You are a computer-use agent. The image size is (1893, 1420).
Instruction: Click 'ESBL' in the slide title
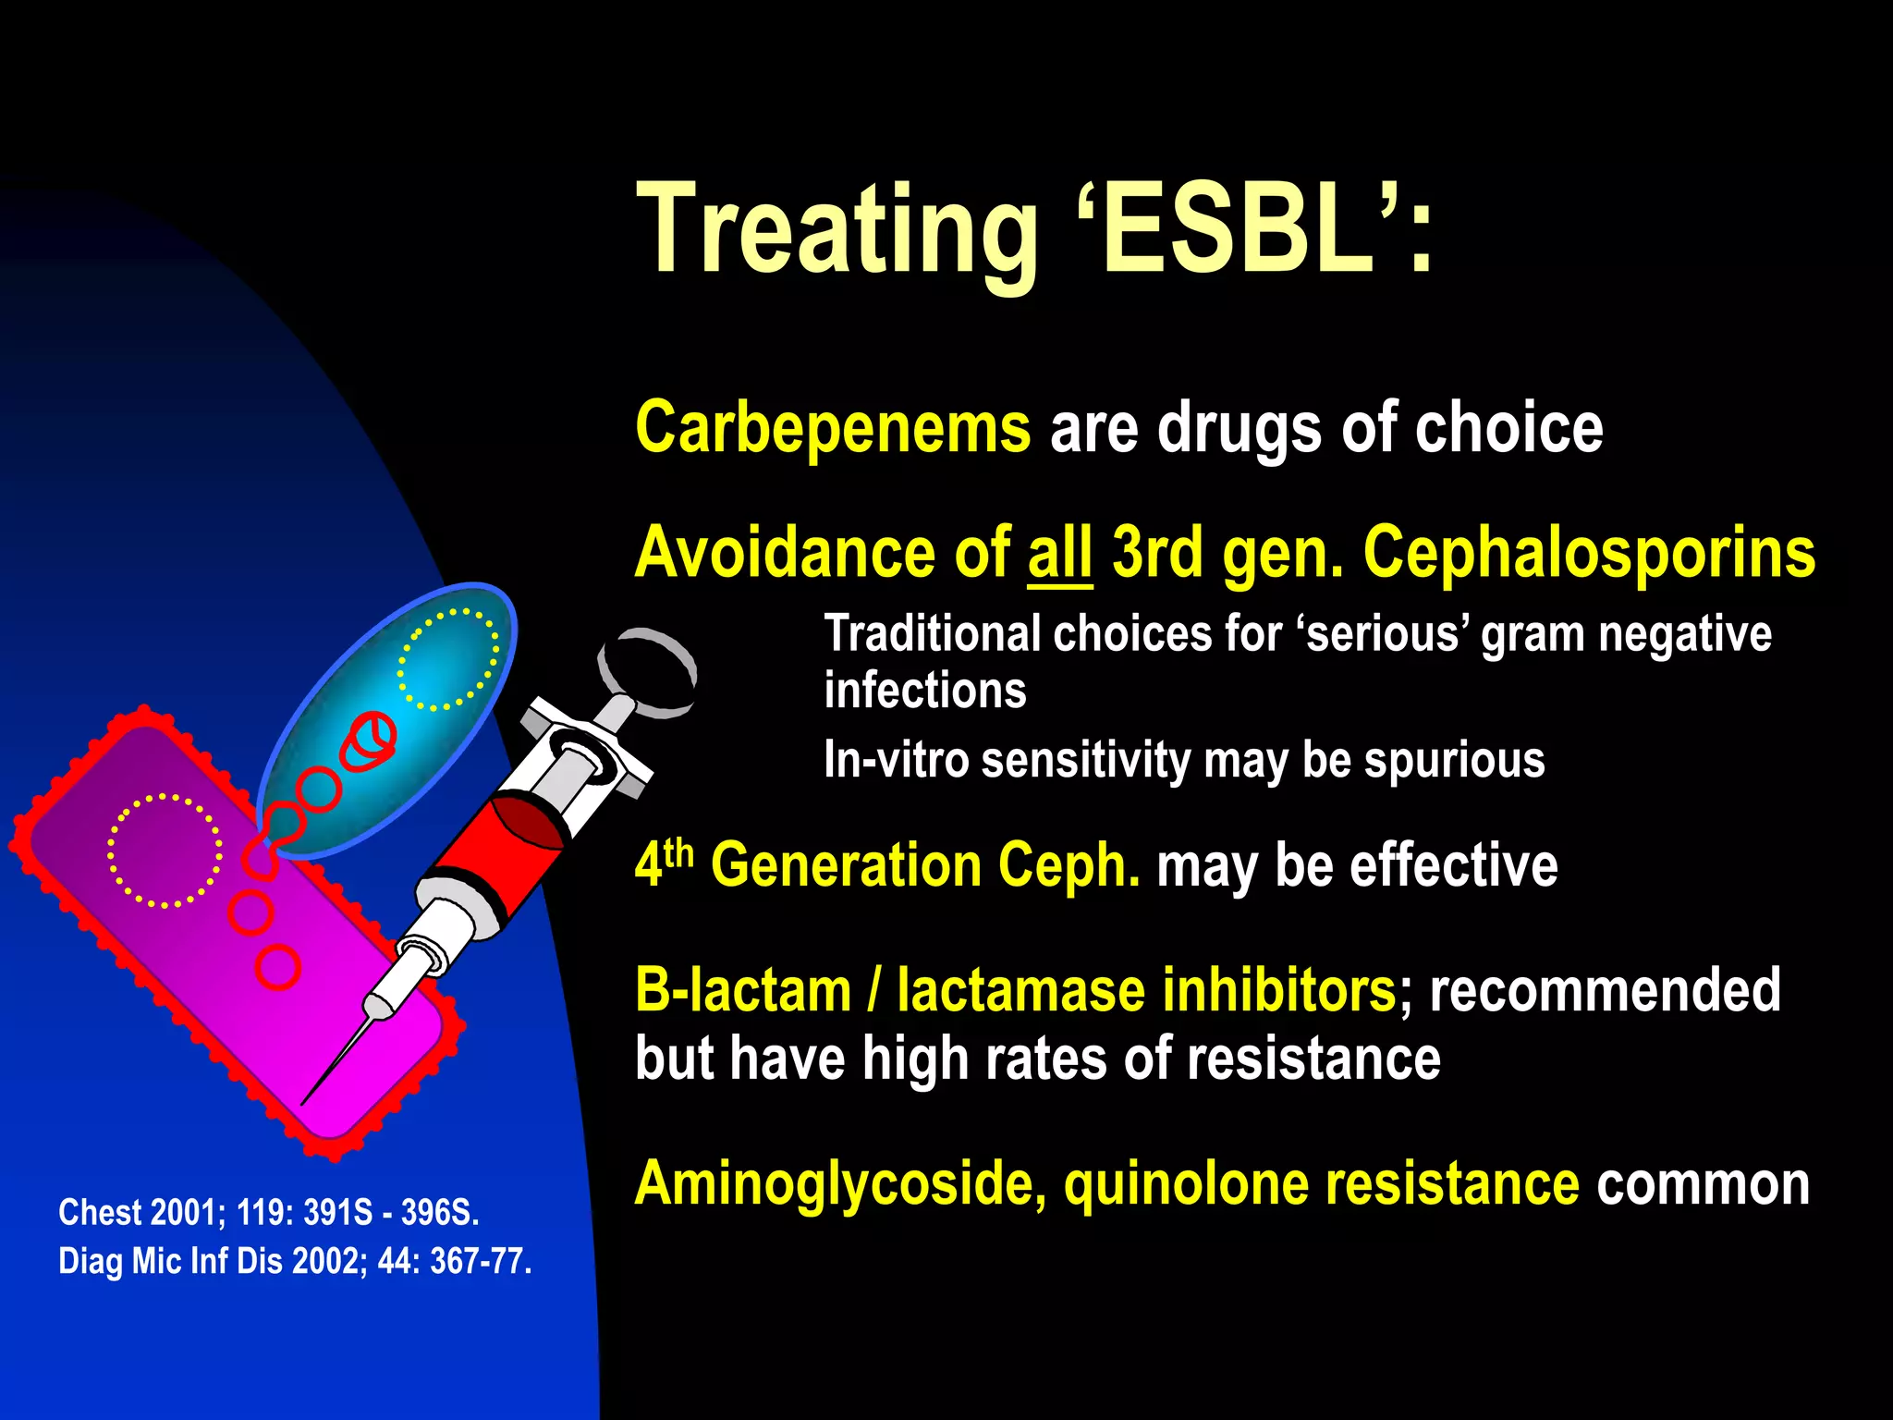1239,228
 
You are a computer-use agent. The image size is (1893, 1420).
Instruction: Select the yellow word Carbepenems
832,428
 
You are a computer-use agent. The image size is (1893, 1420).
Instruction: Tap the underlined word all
1059,554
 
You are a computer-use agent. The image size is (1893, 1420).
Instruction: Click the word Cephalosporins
1588,554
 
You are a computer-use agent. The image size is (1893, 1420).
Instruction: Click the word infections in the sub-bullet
924,691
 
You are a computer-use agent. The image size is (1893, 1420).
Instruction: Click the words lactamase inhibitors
1145,990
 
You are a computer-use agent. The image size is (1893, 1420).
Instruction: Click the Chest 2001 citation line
268,1212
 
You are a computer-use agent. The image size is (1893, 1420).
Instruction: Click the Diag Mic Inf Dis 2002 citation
294,1261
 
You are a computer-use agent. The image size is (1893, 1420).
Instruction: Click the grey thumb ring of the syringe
647,672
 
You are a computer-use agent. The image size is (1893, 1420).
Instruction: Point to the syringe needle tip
306,1100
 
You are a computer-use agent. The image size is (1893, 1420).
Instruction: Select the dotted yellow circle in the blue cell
448,659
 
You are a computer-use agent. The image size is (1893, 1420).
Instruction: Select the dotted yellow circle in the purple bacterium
165,850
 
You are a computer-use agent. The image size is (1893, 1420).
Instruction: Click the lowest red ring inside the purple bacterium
277,968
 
